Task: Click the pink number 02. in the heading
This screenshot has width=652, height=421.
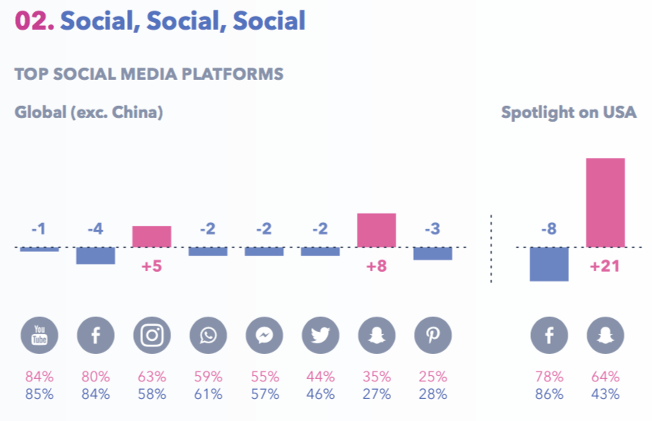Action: pyautogui.click(x=34, y=21)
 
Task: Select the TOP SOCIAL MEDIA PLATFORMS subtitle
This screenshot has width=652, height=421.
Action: pyautogui.click(x=149, y=74)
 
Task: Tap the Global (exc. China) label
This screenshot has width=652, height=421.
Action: pyautogui.click(x=89, y=113)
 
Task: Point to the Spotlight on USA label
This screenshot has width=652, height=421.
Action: pyautogui.click(x=568, y=113)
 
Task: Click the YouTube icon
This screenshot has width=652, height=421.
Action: pyautogui.click(x=40, y=334)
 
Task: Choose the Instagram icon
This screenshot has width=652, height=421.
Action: pyautogui.click(x=152, y=334)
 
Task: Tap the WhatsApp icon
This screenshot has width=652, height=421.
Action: pyautogui.click(x=208, y=334)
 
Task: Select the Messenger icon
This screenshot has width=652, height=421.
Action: pyautogui.click(x=264, y=334)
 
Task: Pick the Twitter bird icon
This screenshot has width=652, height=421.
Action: pyautogui.click(x=320, y=334)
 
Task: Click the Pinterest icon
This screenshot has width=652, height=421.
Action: pyautogui.click(x=433, y=334)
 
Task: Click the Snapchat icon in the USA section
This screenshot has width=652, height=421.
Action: pyautogui.click(x=606, y=334)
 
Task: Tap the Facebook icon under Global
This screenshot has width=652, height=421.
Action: pyautogui.click(x=96, y=334)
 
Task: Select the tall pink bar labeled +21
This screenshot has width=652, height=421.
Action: pyautogui.click(x=605, y=203)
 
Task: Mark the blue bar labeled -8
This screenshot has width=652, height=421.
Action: pyautogui.click(x=549, y=264)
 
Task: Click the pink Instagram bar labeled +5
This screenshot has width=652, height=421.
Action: pyautogui.click(x=151, y=237)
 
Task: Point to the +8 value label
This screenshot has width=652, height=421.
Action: pyautogui.click(x=376, y=267)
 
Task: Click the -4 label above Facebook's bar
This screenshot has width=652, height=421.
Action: pyautogui.click(x=95, y=229)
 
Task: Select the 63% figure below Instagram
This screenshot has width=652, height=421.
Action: pyautogui.click(x=152, y=377)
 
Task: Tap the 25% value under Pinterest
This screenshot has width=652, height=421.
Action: pyautogui.click(x=433, y=377)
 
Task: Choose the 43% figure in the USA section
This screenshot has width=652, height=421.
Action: pyautogui.click(x=606, y=394)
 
